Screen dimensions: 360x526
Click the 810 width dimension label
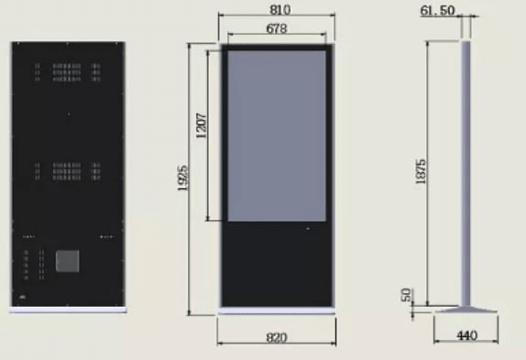pyautogui.click(x=276, y=9)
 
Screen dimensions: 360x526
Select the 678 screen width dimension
pyautogui.click(x=276, y=28)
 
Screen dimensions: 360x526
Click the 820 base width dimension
pyautogui.click(x=276, y=337)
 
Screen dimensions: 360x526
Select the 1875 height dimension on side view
pyautogui.click(x=421, y=172)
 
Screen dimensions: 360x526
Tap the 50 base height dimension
pyautogui.click(x=406, y=295)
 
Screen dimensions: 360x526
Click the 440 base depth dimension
pyautogui.click(x=466, y=336)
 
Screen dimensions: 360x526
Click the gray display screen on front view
pyautogui.click(x=276, y=136)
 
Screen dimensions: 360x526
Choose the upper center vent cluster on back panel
pyautogui.click(x=67, y=71)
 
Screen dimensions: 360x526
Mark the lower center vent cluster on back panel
pyautogui.click(x=67, y=170)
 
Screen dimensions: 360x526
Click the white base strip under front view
pyautogui.click(x=276, y=310)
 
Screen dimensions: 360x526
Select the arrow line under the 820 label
pyautogui.click(x=276, y=345)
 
